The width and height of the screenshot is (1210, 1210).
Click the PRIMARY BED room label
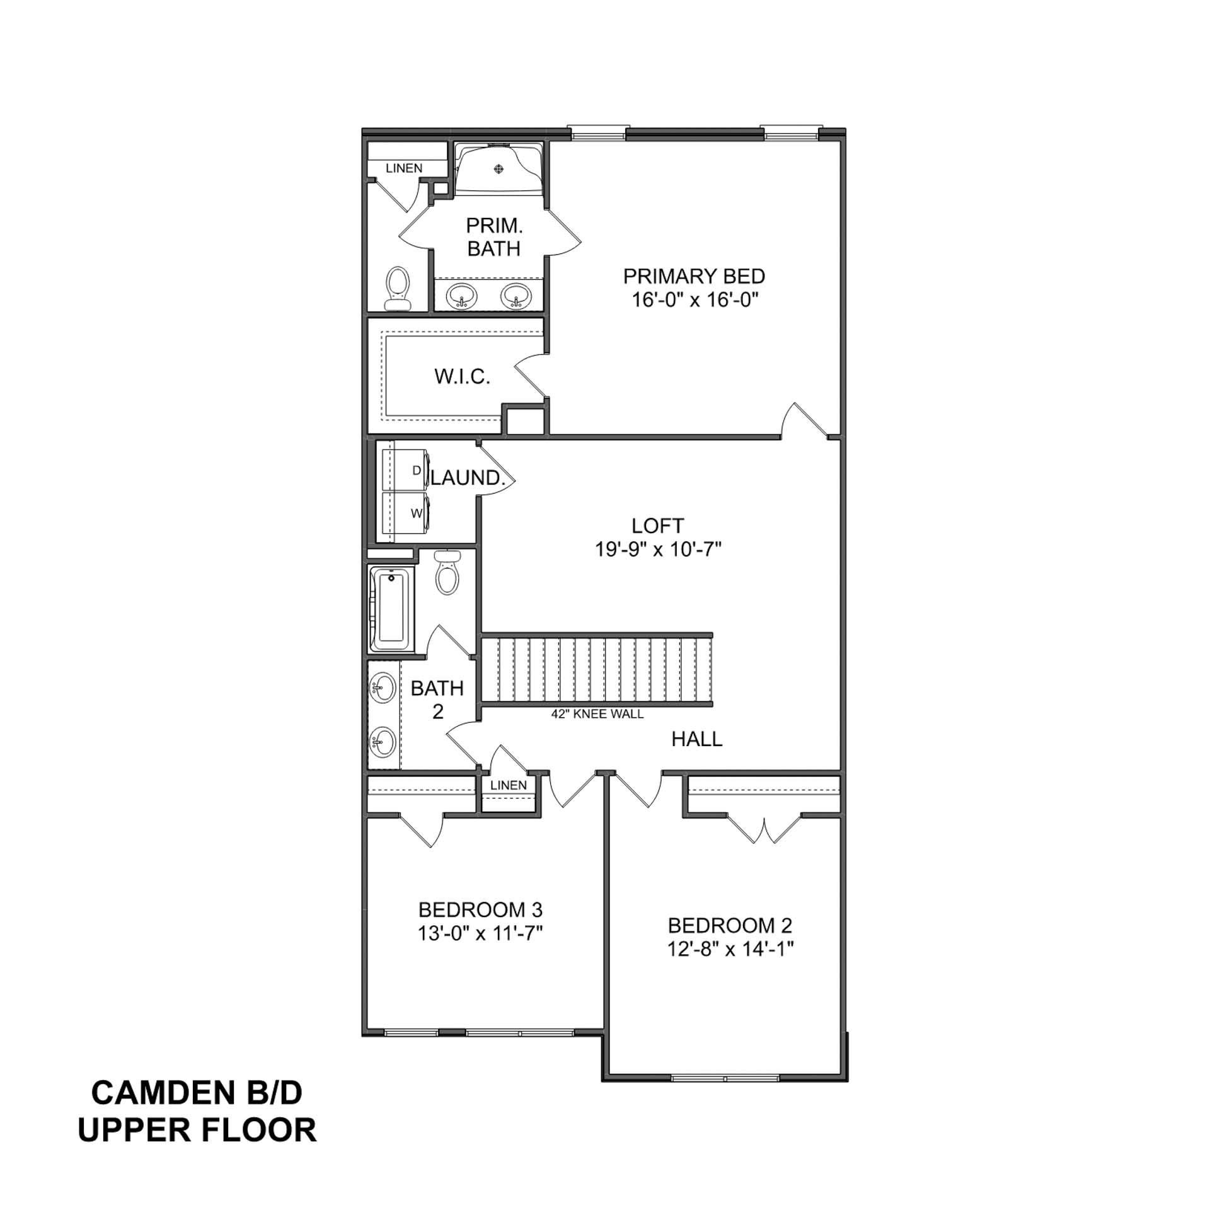coord(694,276)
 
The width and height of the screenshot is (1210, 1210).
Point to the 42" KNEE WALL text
coord(597,714)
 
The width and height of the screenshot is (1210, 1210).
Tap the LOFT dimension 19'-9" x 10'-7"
coord(657,550)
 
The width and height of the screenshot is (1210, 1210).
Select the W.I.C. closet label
coord(462,377)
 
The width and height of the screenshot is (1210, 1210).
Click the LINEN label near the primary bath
coord(404,168)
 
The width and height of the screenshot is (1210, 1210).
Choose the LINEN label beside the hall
coord(508,785)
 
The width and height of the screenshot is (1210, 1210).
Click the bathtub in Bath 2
coord(391,609)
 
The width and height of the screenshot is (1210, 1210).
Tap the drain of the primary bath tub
coord(500,168)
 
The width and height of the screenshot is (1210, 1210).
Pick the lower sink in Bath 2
coord(383,742)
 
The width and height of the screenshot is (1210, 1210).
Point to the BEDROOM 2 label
coord(730,926)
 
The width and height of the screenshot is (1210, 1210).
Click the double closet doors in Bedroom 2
coord(764,829)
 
